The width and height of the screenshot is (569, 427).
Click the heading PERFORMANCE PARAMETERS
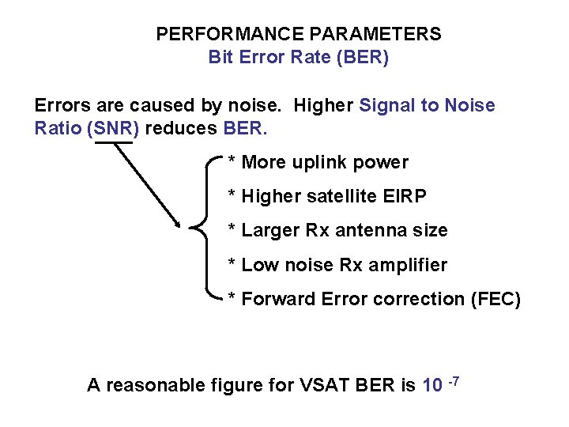(298, 34)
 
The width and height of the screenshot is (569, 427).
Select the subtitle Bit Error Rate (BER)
(298, 58)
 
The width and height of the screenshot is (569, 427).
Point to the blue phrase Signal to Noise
(427, 105)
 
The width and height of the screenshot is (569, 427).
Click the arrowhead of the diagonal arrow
(179, 223)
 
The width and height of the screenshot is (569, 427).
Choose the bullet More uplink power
(318, 163)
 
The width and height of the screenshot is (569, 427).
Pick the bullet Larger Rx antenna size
(337, 230)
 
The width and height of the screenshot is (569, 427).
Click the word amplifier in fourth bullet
(410, 265)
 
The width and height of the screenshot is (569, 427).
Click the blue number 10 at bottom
(432, 385)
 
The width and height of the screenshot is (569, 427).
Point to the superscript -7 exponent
(454, 382)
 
